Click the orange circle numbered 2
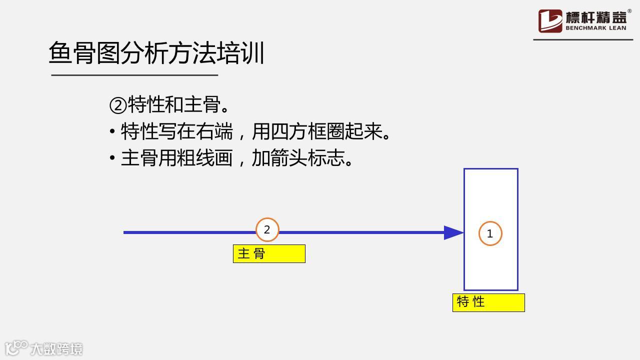[x=267, y=230]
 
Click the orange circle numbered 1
[x=490, y=233]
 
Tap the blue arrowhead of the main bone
[x=453, y=232]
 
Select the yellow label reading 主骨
[x=269, y=253]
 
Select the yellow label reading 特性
[x=488, y=302]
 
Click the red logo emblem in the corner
[x=550, y=21]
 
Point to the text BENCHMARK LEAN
[x=596, y=28]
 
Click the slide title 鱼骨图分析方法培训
[x=156, y=53]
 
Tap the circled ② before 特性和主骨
[x=118, y=105]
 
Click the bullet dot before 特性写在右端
[x=112, y=132]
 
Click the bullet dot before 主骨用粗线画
[x=112, y=158]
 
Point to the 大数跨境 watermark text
[x=56, y=348]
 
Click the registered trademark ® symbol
[x=629, y=11]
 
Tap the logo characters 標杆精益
[x=596, y=17]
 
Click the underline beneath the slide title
[x=134, y=75]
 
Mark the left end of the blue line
[x=125, y=232]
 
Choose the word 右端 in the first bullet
[x=214, y=132]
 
